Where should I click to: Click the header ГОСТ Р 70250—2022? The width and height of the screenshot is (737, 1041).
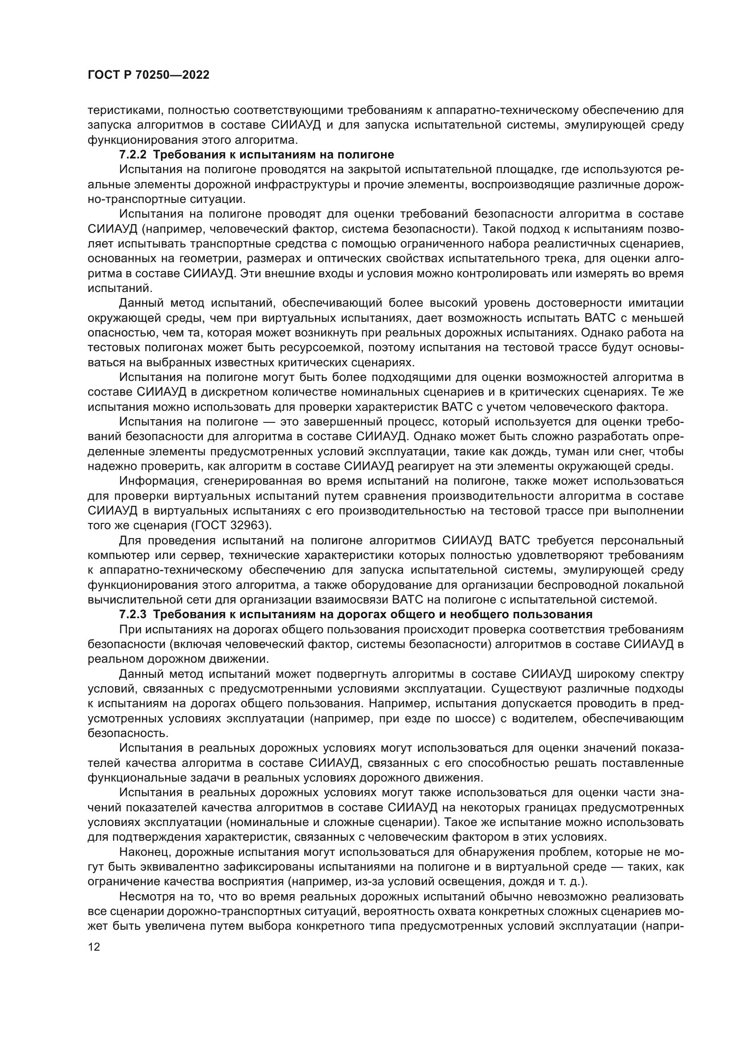(x=148, y=75)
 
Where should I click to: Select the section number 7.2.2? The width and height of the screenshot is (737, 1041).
(x=133, y=154)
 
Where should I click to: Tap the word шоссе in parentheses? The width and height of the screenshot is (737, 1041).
(x=474, y=719)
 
